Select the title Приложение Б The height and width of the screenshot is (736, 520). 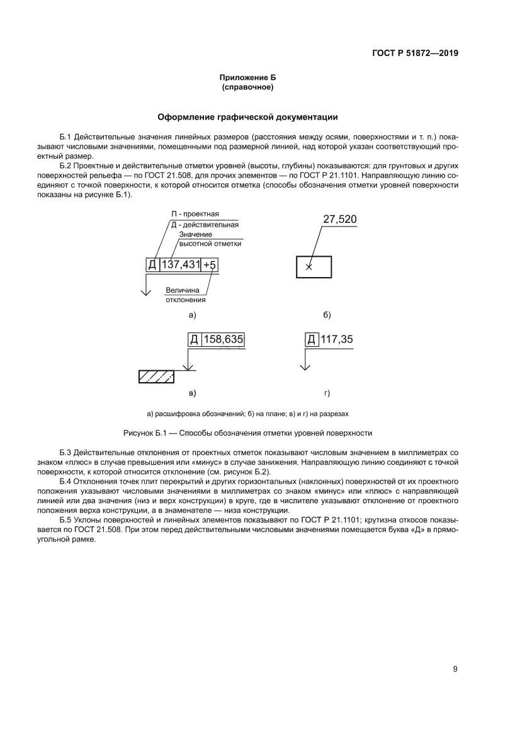(x=247, y=77)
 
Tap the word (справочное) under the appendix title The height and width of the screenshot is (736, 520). (x=247, y=88)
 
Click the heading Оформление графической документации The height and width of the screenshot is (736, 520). (x=247, y=117)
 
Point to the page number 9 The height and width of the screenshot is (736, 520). (x=455, y=669)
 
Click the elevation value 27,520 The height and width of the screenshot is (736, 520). (x=340, y=220)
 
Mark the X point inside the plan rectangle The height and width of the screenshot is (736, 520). (x=308, y=267)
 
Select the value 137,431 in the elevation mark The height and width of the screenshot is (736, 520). (x=180, y=266)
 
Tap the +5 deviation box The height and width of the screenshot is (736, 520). (x=210, y=266)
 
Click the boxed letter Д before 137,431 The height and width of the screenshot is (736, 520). (x=152, y=266)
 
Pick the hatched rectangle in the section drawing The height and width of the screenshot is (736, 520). (x=156, y=376)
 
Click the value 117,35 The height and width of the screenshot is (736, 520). (x=337, y=339)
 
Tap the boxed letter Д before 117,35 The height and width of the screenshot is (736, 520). (x=311, y=339)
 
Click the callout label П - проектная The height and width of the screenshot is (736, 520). (x=195, y=213)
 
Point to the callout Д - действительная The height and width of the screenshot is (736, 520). (x=205, y=224)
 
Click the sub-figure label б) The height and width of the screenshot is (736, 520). (x=327, y=315)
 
